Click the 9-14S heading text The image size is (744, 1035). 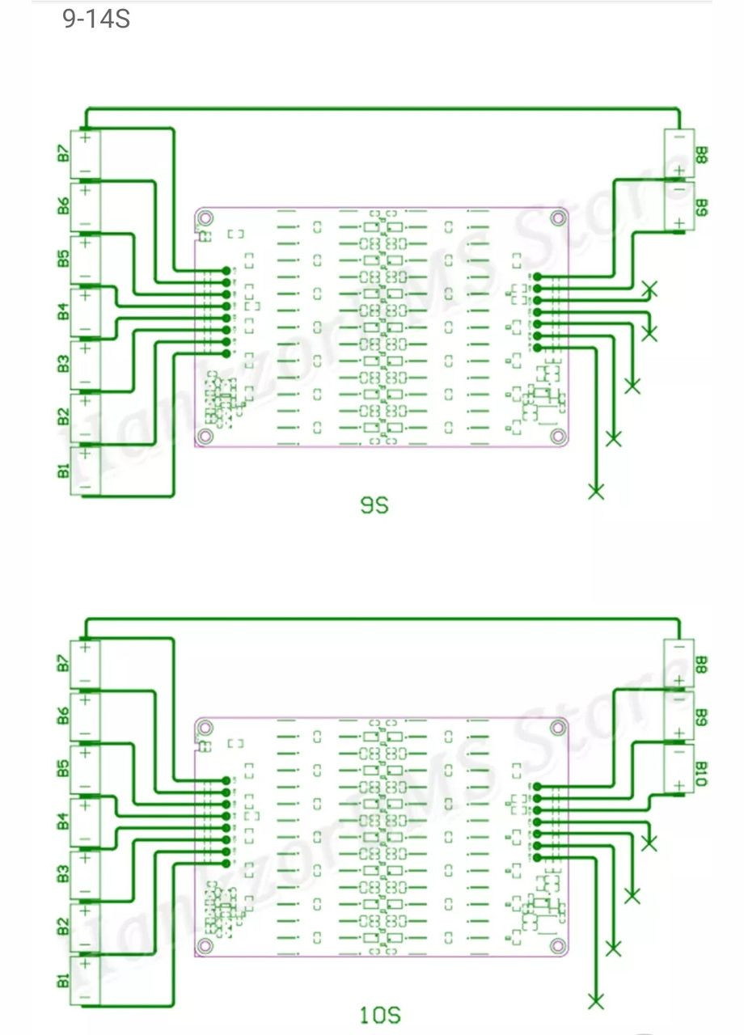[x=96, y=19]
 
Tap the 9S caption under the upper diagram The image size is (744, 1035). [x=374, y=506]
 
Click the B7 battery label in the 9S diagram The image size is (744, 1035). [x=63, y=152]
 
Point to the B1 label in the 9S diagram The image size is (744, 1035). [x=63, y=469]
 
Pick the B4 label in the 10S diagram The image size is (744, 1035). [x=63, y=822]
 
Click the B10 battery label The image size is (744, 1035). [x=701, y=773]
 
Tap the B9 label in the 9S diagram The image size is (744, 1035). [x=701, y=208]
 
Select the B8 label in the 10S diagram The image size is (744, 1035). [x=701, y=665]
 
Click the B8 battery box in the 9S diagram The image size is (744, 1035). [x=678, y=153]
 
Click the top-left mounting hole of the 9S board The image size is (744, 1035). [x=206, y=218]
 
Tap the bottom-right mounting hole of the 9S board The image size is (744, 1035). [x=557, y=437]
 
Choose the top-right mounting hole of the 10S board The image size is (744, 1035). [x=557, y=727]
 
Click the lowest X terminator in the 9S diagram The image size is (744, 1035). [x=596, y=491]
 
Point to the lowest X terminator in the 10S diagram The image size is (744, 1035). [x=596, y=1002]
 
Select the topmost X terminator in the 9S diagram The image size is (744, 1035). [x=649, y=289]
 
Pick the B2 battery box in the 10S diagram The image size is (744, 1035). [x=85, y=928]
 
